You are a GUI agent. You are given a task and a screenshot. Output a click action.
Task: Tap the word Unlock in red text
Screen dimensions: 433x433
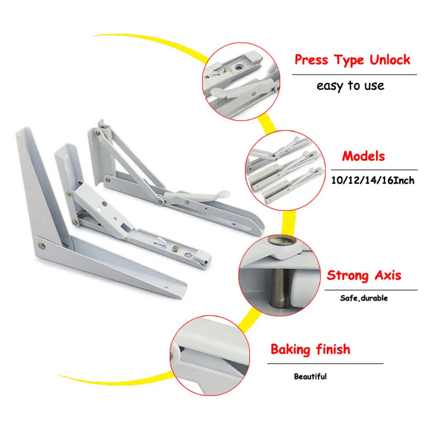pos(389,60)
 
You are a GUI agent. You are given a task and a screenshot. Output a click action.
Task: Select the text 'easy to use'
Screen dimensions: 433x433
pos(350,85)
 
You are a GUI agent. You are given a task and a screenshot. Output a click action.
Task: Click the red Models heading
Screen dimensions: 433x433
pos(363,156)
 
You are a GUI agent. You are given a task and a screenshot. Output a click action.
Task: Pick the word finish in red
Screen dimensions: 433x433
pos(333,349)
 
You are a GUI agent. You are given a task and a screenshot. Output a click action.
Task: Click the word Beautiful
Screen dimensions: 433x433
pos(310,376)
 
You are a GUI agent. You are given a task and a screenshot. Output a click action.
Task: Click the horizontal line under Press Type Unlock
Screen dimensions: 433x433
pos(354,75)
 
